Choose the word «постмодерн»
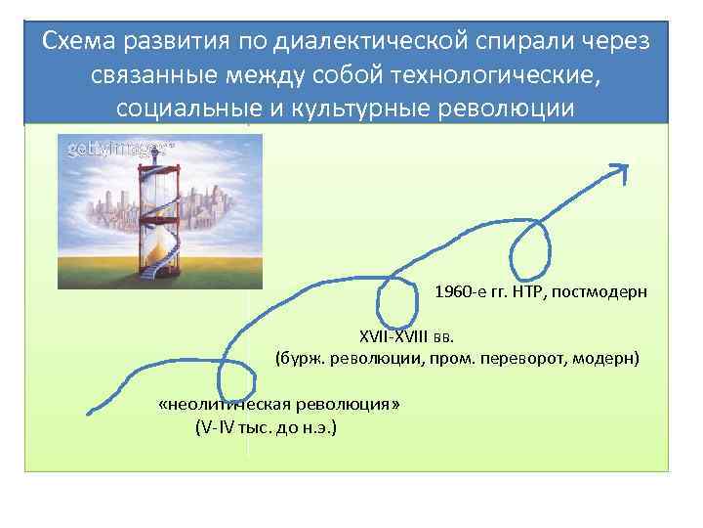click(x=603, y=292)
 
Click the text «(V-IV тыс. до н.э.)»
click(x=266, y=427)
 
